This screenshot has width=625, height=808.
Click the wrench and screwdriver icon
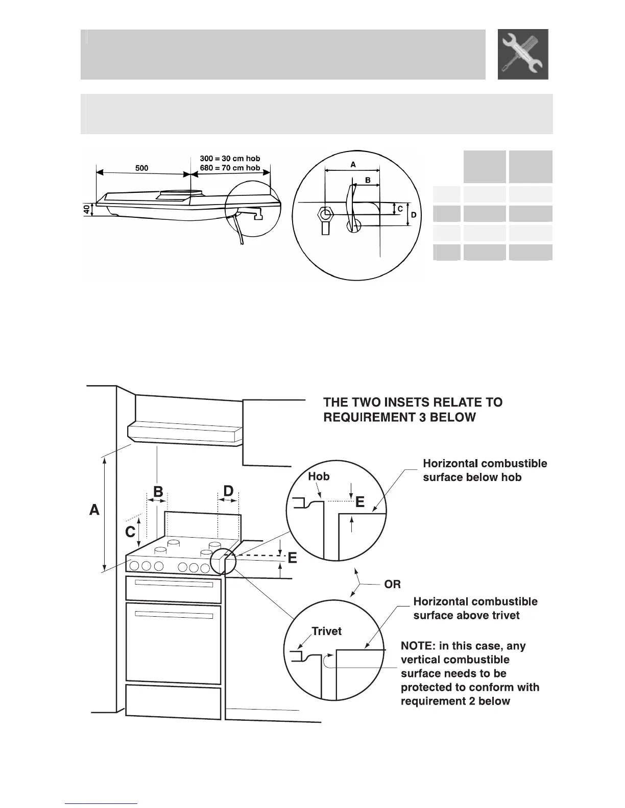click(523, 54)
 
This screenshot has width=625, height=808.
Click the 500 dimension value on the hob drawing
click(141, 168)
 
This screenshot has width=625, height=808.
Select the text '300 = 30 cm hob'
click(230, 159)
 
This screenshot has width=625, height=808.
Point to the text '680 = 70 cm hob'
click(230, 168)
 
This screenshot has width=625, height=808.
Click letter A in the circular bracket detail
click(353, 165)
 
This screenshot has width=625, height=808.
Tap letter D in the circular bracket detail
click(414, 215)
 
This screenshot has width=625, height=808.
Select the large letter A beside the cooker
click(94, 510)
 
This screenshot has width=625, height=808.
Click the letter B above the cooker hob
click(158, 492)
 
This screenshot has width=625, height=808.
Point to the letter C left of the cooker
click(131, 532)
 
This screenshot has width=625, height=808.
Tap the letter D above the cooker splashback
click(228, 491)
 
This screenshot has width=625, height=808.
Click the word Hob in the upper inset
click(319, 476)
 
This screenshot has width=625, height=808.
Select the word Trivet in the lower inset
click(326, 632)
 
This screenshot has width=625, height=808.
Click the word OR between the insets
click(392, 585)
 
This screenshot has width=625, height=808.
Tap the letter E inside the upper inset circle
click(359, 502)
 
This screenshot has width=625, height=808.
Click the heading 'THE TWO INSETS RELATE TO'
click(413, 402)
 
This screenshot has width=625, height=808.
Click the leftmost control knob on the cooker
click(135, 565)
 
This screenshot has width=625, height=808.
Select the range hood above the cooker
click(184, 433)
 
